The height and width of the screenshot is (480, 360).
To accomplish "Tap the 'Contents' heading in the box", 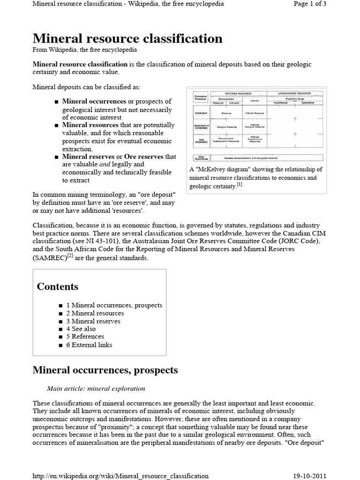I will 58,286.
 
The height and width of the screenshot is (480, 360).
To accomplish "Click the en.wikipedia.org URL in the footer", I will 120,476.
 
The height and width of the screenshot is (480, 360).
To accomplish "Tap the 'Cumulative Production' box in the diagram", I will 200,97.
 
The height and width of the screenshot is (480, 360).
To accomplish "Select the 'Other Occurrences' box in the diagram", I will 200,158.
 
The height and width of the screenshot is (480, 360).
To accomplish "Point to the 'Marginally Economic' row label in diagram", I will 200,127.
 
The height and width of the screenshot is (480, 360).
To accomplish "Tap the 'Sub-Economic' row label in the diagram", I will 200,140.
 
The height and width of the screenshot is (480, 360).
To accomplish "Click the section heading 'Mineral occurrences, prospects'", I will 105,370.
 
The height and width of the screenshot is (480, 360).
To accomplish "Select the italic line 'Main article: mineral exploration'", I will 96,389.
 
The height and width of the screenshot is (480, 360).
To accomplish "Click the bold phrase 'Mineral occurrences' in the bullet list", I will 94,101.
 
